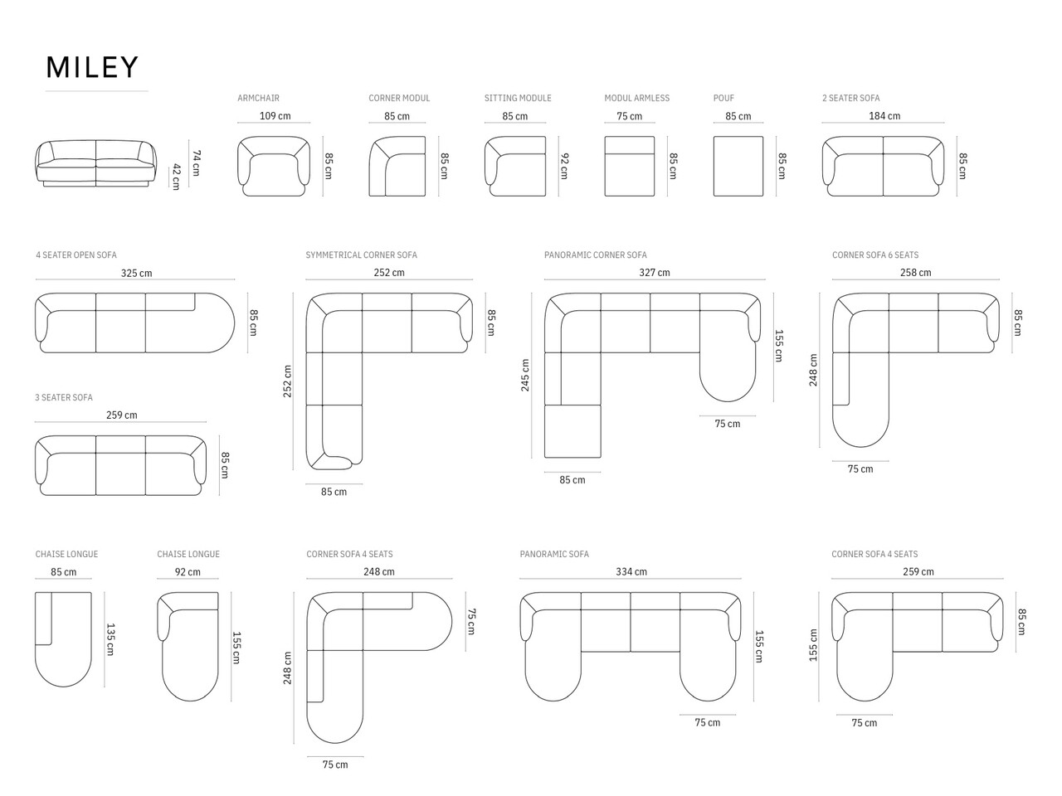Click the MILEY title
click(92, 67)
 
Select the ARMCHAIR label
click(258, 98)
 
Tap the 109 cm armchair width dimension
click(275, 116)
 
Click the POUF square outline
click(738, 166)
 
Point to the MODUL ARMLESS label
click(636, 98)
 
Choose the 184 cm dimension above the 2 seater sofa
click(884, 116)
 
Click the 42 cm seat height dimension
click(176, 177)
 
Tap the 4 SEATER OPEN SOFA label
click(76, 255)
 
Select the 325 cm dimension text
click(136, 273)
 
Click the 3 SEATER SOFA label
click(64, 398)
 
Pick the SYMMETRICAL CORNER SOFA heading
click(361, 255)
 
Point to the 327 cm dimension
click(654, 273)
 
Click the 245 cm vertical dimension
click(525, 375)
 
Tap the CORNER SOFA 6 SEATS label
click(874, 255)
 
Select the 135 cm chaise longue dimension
click(110, 639)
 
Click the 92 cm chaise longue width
click(188, 572)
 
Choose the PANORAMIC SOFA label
click(554, 554)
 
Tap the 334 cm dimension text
click(631, 572)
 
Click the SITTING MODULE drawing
click(515, 166)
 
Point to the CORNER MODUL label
click(399, 98)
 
